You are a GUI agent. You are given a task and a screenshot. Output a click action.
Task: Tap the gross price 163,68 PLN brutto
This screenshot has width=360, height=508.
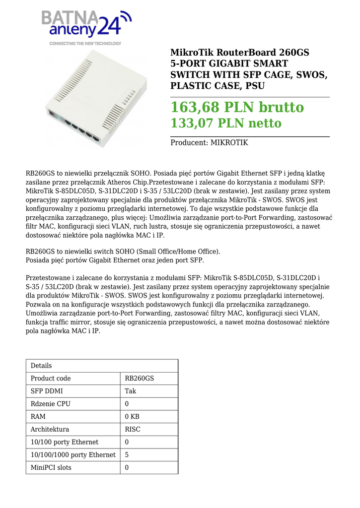pos(237,107)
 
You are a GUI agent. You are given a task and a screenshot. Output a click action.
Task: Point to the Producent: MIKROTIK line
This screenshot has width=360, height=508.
pos(209,143)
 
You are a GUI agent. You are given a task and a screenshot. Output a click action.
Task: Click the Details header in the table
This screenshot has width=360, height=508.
pos(41,366)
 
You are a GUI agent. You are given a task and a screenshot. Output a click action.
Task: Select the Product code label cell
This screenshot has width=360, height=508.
pos(51,379)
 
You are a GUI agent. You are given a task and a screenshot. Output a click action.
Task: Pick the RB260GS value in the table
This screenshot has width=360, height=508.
pos(140,379)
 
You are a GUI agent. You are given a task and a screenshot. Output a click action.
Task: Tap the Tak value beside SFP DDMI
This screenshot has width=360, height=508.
pos(131,391)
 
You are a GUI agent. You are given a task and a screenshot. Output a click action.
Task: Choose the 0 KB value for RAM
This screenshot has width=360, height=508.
pos(132,417)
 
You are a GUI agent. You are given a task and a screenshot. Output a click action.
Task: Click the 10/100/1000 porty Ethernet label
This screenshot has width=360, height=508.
pos(73,454)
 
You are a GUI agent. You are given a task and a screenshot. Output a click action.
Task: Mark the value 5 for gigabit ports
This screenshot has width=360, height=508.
pos(127,454)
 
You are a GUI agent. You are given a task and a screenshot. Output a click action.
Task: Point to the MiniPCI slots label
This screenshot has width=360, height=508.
pos(51,467)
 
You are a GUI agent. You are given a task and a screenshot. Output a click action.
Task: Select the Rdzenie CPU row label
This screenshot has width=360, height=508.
pos(51,404)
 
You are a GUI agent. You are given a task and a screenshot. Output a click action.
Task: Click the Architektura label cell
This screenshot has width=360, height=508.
pos(50,429)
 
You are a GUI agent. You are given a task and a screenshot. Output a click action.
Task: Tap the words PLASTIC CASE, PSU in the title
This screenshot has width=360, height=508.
pos(217,86)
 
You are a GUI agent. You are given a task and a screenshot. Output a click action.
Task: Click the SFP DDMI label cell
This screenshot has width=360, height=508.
pos(47,391)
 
